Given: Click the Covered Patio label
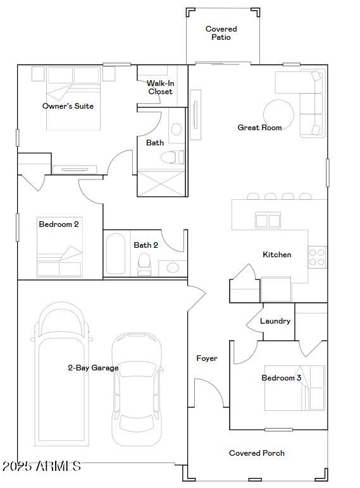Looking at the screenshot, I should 221,33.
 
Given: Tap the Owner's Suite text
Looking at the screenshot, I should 68,106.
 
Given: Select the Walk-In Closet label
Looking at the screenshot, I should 160,87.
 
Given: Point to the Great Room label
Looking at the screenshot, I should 259,128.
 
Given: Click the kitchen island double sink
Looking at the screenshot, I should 268,221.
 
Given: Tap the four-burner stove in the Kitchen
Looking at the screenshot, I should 317,257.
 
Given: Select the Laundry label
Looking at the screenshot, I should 275,321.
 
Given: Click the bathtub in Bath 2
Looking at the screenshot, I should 116,254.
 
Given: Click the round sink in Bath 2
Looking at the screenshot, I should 173,267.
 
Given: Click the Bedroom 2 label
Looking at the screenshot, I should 59,224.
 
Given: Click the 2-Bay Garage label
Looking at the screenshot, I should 93,368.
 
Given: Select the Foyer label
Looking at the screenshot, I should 207,358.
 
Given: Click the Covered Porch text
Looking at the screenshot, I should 257,453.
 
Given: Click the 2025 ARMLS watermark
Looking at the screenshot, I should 42,467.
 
